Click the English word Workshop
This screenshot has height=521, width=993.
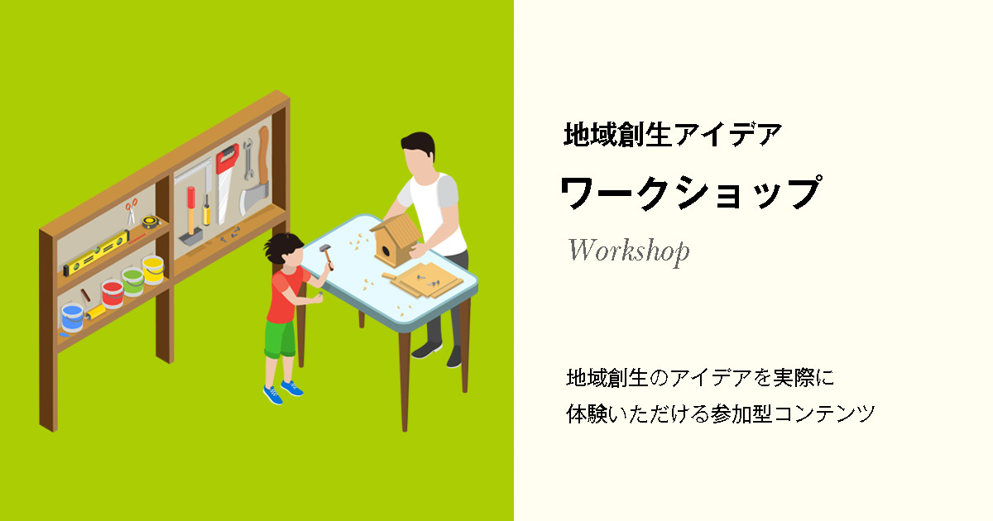[x=629, y=251]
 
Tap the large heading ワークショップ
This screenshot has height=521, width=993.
[x=691, y=193]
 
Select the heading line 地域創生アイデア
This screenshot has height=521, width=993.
[x=673, y=134]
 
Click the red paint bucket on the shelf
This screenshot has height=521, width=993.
[x=113, y=294]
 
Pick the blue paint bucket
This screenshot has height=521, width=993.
[x=72, y=318]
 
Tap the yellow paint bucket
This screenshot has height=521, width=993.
[x=153, y=270]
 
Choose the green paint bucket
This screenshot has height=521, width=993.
[x=133, y=281]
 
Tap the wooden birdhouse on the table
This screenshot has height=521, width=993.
[x=396, y=239]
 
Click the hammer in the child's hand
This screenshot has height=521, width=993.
[x=327, y=256]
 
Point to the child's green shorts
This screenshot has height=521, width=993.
[x=280, y=338]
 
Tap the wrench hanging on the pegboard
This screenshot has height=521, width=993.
[x=248, y=159]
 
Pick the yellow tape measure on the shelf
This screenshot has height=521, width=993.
[x=151, y=222]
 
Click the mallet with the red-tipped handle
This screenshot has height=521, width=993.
[x=191, y=216]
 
